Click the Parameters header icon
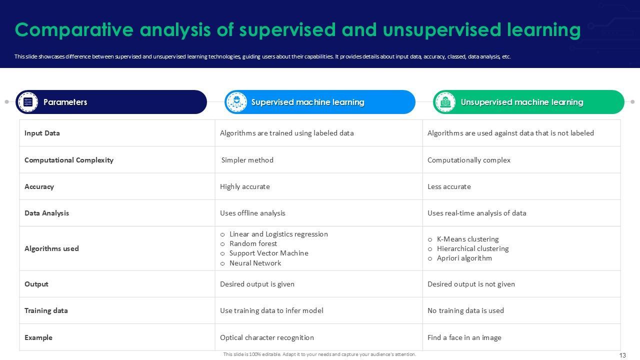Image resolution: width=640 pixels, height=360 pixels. tap(27, 102)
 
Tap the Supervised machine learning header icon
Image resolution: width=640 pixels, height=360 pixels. tap(236, 102)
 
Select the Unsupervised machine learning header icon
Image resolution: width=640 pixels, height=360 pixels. tap(445, 102)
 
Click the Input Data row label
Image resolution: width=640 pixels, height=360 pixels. tap(42, 133)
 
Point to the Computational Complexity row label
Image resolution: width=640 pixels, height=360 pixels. tap(69, 160)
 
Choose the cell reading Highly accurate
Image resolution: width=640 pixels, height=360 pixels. tap(245, 186)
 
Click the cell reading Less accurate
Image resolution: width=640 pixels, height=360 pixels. tap(449, 186)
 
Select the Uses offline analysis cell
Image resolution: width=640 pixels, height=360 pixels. tap(252, 213)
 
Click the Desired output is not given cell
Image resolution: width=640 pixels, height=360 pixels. tap(471, 284)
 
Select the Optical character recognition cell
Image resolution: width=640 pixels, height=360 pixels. tap(267, 337)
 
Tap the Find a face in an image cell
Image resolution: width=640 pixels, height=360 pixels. tap(464, 337)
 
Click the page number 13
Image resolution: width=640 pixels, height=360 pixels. tap(622, 355)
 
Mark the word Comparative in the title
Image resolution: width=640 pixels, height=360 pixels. tap(74, 30)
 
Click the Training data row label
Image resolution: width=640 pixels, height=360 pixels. tap(46, 310)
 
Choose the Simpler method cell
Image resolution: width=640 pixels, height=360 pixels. tap(247, 160)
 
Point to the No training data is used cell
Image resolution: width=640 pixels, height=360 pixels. tap(465, 310)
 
